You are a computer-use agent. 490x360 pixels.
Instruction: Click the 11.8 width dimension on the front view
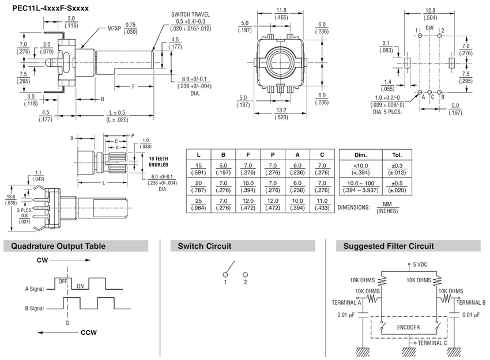pos(281,10)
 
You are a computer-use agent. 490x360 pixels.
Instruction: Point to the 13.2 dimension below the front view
pos(281,110)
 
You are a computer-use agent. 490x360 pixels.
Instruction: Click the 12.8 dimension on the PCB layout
pos(429,10)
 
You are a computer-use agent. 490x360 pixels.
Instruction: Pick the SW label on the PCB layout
pos(429,28)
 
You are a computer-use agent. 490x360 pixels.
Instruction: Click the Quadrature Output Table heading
pos(55,246)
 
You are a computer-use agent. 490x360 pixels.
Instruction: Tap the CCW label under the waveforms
pos(88,332)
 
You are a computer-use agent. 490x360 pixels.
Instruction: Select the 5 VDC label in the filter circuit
pos(419,264)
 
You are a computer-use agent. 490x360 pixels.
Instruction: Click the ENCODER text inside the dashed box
pos(408,327)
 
